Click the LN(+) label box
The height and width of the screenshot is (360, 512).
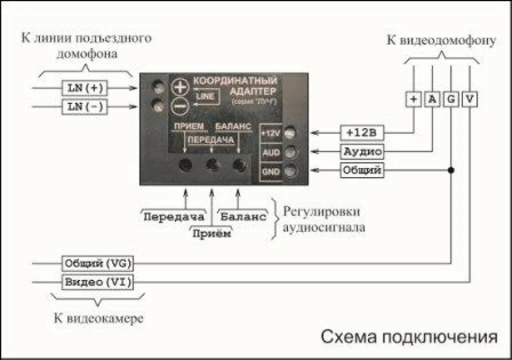[84, 87]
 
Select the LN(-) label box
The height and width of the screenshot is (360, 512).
[84, 106]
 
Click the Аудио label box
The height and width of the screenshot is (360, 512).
[362, 151]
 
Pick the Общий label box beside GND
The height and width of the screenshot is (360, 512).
[362, 170]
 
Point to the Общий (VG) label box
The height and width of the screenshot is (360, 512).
[97, 263]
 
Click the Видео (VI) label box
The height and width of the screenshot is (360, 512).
[97, 282]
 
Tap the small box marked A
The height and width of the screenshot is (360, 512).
[432, 99]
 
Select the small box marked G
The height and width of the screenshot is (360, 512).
[451, 99]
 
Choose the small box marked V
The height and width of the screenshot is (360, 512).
[469, 99]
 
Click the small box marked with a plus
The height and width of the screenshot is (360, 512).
[413, 99]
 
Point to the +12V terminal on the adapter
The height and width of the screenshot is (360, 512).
[288, 133]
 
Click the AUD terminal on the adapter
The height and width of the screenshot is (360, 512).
[288, 152]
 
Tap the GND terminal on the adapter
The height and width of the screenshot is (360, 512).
[288, 171]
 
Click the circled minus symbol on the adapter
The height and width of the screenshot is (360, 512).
[179, 106]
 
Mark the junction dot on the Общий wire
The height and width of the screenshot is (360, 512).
[451, 170]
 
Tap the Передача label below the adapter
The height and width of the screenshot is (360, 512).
[174, 216]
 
